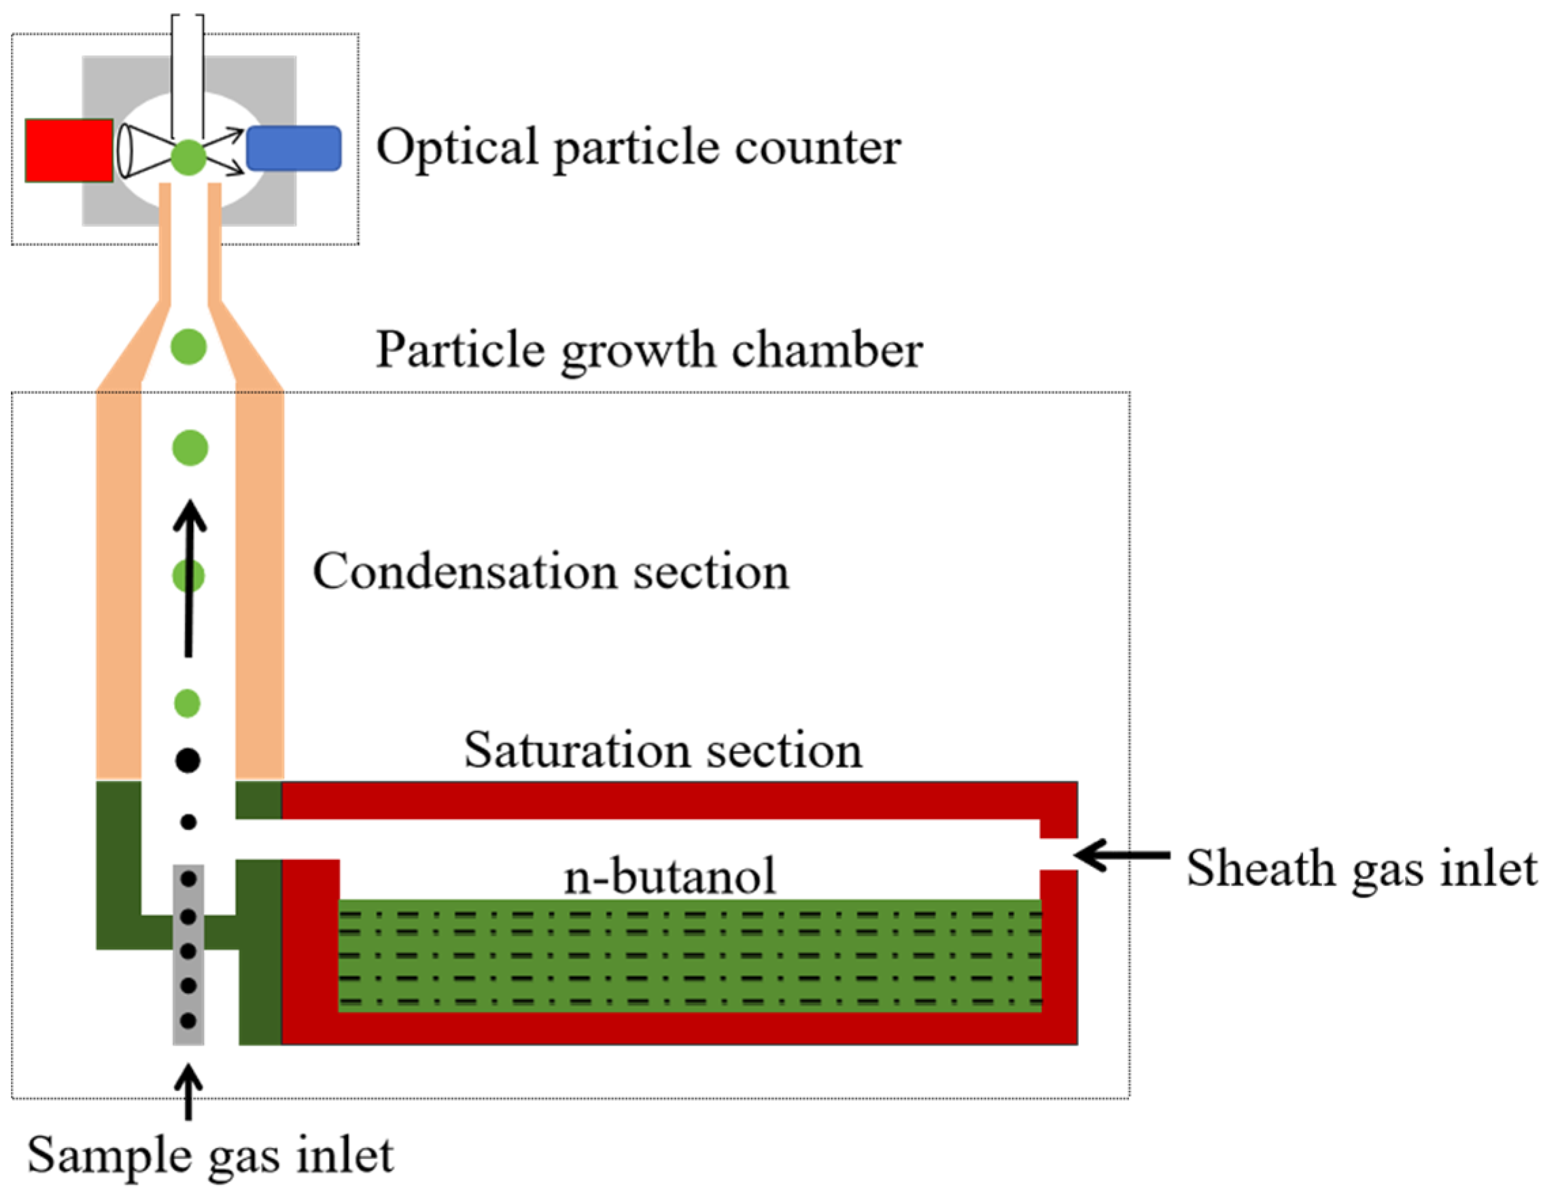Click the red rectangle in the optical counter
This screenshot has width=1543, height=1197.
(69, 150)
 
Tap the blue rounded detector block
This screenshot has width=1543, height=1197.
(294, 148)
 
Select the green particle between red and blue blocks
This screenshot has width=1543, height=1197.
(188, 157)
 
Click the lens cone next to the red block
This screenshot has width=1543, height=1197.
(141, 150)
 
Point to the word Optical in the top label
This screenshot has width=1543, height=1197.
(458, 148)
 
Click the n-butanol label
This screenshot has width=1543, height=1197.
(670, 876)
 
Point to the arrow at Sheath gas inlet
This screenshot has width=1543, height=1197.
(1120, 855)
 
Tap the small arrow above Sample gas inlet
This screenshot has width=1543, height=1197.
(188, 1092)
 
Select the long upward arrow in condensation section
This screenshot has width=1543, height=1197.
(189, 579)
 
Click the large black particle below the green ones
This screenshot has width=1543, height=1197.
(188, 760)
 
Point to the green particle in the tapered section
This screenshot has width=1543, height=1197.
(189, 346)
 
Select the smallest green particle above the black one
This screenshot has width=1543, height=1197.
(187, 703)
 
